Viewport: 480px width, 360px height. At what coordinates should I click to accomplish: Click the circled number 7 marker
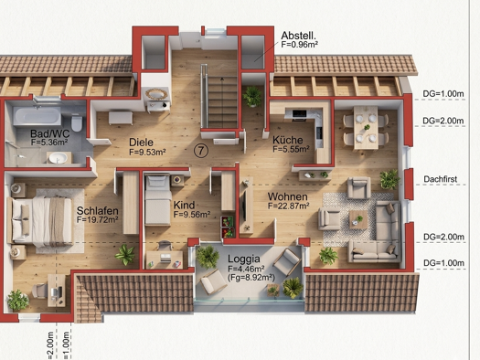[x=200, y=151]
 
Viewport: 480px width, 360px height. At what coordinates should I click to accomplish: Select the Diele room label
[x=141, y=142]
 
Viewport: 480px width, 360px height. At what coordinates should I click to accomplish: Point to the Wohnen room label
[x=287, y=196]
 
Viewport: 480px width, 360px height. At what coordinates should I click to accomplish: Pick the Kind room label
[x=185, y=205]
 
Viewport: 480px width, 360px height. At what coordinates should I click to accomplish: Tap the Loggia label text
[x=246, y=259]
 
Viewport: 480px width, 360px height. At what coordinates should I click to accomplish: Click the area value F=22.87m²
[x=293, y=206]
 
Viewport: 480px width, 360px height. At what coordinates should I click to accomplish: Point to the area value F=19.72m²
[x=101, y=219]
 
